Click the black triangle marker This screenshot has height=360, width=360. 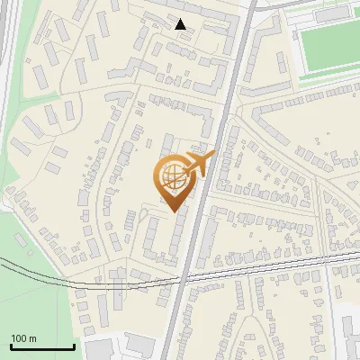point(181,24)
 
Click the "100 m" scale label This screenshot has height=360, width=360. point(24,337)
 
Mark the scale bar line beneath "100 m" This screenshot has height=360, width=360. point(41,347)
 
